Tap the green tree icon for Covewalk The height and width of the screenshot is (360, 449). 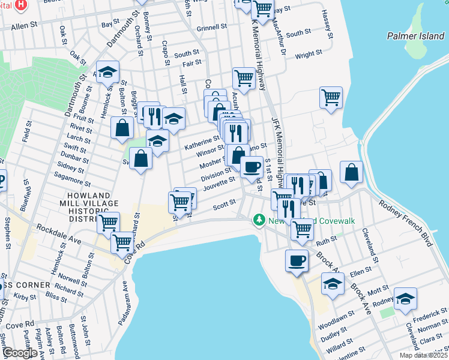pos(259,221)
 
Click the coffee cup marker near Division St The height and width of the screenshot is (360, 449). pos(252,166)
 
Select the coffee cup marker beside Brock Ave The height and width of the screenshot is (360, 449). pos(297,260)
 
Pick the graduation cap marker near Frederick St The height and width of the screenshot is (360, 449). pos(405,298)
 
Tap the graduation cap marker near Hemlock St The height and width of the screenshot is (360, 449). pos(107,72)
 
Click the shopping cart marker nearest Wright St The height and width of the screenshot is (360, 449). pos(331,97)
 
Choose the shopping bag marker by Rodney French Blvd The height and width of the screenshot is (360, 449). pos(351,172)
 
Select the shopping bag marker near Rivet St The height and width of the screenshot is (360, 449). pos(122,127)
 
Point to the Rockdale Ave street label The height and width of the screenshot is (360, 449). pos(58,233)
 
